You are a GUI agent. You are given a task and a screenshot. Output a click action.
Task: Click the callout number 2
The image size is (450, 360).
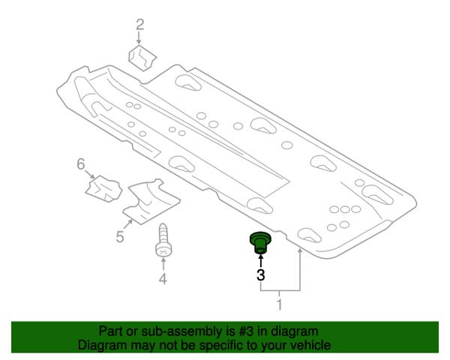tap(139, 25)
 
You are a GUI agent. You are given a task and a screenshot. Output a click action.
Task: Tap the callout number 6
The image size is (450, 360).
tap(81, 164)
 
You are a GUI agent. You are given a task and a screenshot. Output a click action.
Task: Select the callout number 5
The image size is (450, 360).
tap(120, 237)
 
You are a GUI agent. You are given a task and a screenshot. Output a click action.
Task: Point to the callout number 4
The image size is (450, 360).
tap(163, 279)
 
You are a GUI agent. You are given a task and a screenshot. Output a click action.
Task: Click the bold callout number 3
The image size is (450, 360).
tap(260, 274)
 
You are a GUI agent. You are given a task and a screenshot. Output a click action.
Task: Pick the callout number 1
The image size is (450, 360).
tap(280, 304)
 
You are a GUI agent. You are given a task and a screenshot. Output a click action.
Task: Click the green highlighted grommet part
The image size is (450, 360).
tap(260, 243)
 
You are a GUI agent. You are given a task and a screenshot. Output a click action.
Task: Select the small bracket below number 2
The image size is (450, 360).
tap(142, 58)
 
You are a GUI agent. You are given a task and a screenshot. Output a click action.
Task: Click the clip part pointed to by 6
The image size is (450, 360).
tap(104, 188)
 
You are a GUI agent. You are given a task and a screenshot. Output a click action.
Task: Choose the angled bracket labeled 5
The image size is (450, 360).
tap(151, 201)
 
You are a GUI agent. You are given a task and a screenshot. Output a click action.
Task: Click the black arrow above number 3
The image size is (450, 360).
tap(260, 261)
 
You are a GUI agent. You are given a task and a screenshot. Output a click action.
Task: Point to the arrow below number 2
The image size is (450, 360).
tap(139, 38)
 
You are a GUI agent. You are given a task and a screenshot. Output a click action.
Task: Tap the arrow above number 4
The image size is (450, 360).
tap(163, 264)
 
